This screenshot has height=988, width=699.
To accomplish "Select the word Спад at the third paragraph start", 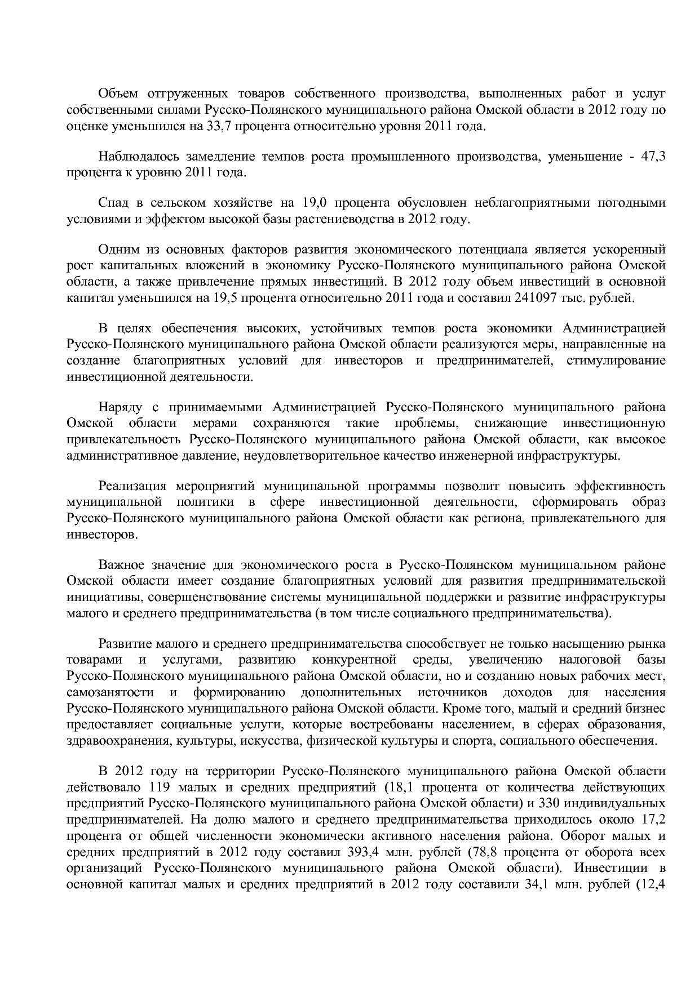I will (x=113, y=203).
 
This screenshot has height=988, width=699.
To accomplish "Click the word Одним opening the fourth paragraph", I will (x=117, y=250).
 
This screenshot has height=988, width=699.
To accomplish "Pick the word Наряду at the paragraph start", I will (x=119, y=407).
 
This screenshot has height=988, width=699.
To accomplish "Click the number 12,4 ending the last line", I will (x=653, y=884).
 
